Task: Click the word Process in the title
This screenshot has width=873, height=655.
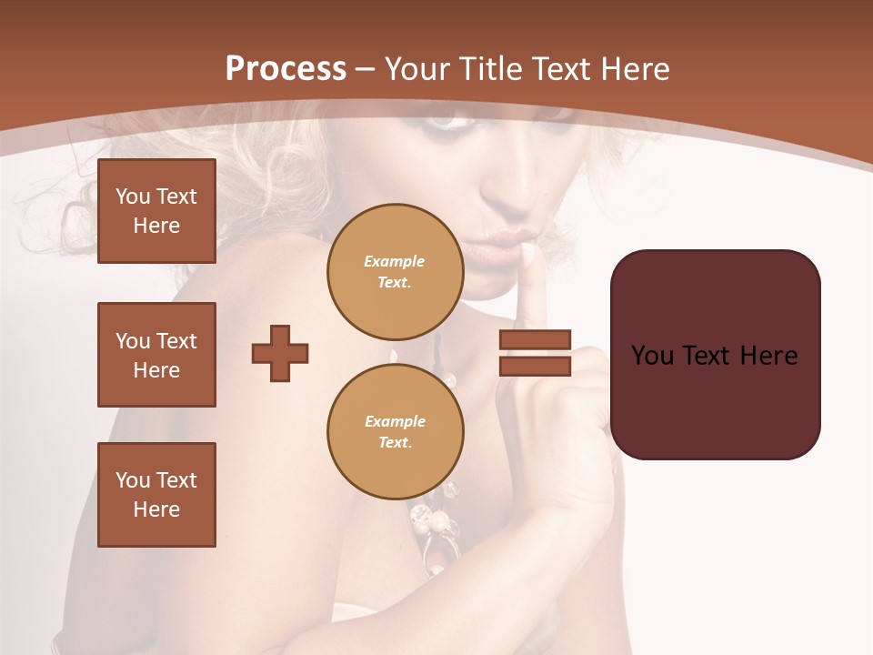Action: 286,69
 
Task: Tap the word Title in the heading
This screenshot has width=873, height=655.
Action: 491,69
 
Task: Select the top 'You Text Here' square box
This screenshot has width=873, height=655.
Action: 156,211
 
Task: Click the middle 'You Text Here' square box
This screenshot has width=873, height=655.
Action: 156,355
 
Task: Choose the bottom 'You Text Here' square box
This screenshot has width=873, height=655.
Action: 156,495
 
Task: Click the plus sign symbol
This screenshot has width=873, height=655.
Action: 280,353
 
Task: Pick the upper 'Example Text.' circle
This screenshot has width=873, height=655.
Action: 395,271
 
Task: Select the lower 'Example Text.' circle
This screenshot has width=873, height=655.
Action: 395,431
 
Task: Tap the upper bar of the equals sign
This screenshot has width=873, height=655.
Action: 535,340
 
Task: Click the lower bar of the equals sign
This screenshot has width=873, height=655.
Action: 535,366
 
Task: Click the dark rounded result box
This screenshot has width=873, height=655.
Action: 715,355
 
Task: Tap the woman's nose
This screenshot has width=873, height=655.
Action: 514,186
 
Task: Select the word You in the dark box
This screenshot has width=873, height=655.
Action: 652,356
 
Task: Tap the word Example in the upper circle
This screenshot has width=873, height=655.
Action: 395,261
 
